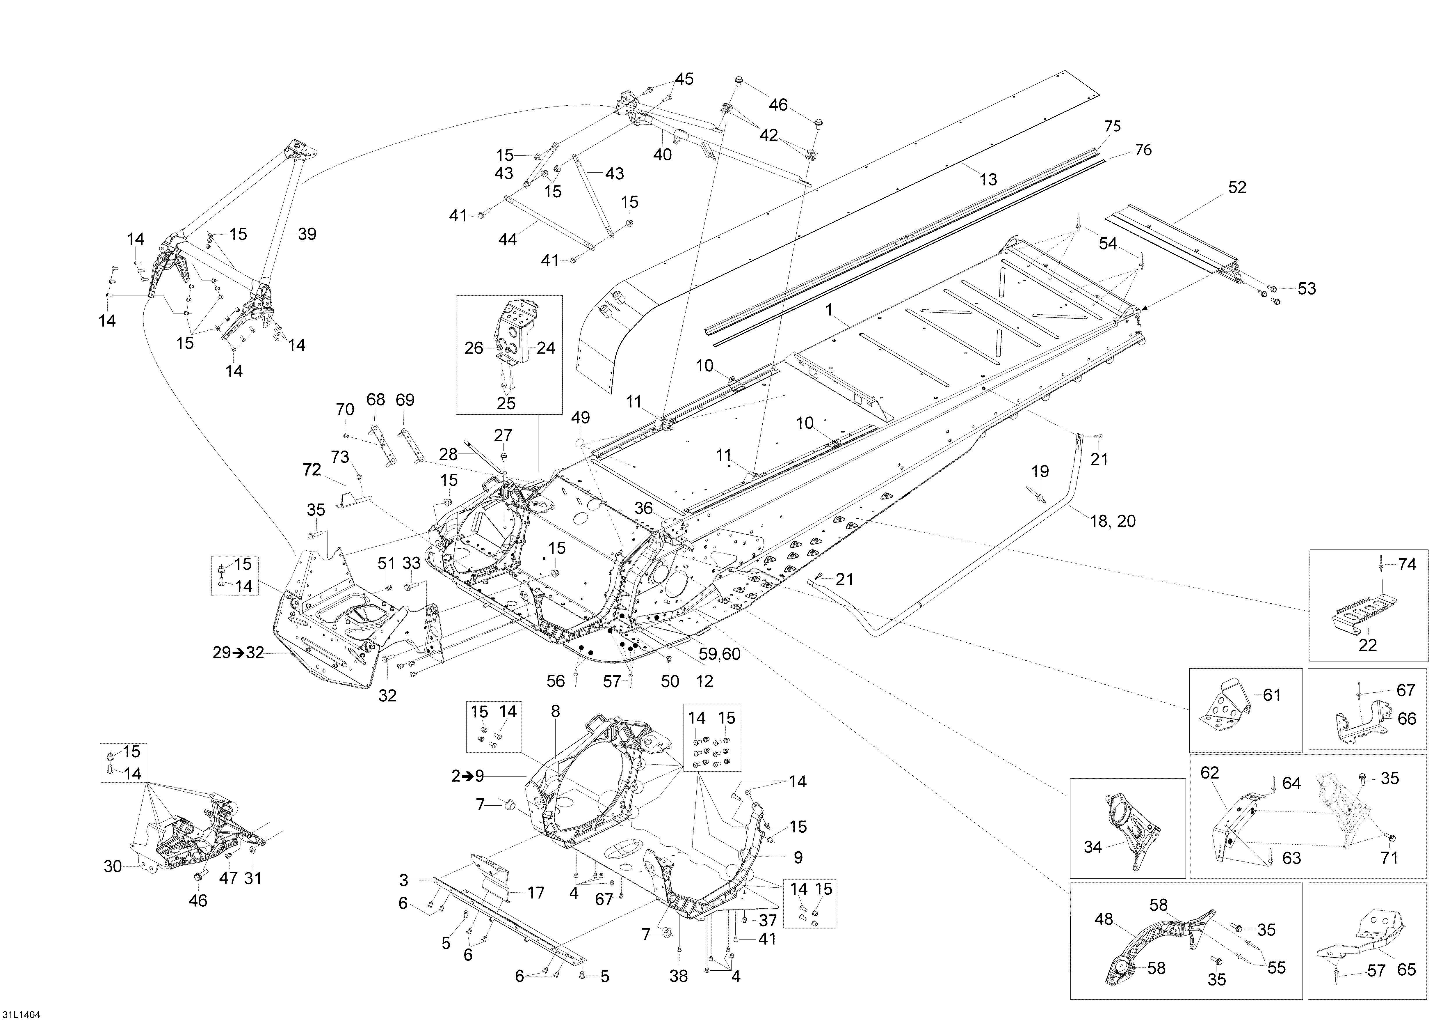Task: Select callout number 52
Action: pyautogui.click(x=1237, y=187)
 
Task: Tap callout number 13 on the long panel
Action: pyautogui.click(x=988, y=180)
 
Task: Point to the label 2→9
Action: pyautogui.click(x=468, y=777)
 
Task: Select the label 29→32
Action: pyautogui.click(x=238, y=653)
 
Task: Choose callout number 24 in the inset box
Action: pyautogui.click(x=546, y=348)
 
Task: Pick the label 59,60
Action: pyautogui.click(x=720, y=655)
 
